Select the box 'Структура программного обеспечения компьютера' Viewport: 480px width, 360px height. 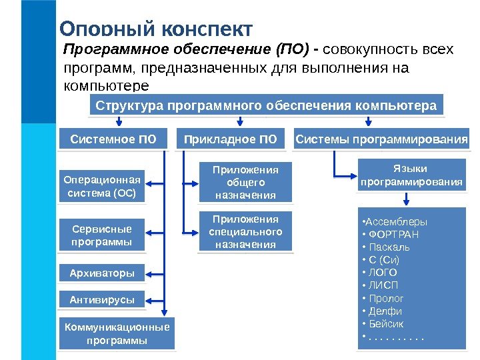[266, 105]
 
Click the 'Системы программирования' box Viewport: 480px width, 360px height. [381, 139]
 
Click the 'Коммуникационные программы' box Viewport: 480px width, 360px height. [117, 333]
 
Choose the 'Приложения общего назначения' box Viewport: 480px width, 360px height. [245, 182]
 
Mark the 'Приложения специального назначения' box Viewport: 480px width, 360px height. [245, 231]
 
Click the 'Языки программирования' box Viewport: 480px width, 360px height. [411, 175]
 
